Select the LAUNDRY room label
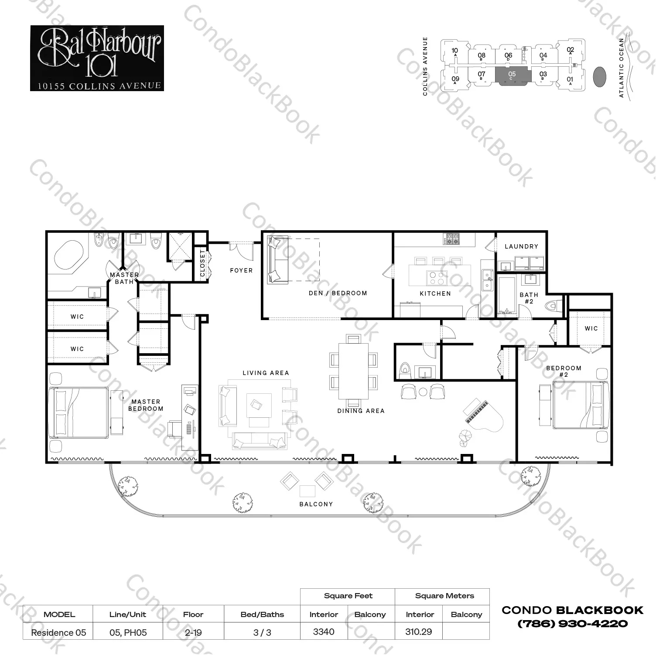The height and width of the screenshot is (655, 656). (521, 246)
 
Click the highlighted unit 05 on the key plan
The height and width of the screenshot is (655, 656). (512, 76)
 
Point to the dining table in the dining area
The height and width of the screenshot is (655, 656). (353, 371)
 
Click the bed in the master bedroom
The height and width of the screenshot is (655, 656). (79, 413)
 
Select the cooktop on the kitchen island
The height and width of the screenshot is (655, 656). (436, 278)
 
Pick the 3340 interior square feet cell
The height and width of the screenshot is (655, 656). (324, 632)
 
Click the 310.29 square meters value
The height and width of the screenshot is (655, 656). (418, 632)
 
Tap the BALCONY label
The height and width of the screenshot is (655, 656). (316, 504)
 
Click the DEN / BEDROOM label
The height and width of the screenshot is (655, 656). (338, 293)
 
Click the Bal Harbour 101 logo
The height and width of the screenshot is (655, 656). (97, 58)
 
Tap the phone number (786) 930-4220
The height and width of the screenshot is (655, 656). (572, 624)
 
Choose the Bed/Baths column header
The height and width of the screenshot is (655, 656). (262, 614)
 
